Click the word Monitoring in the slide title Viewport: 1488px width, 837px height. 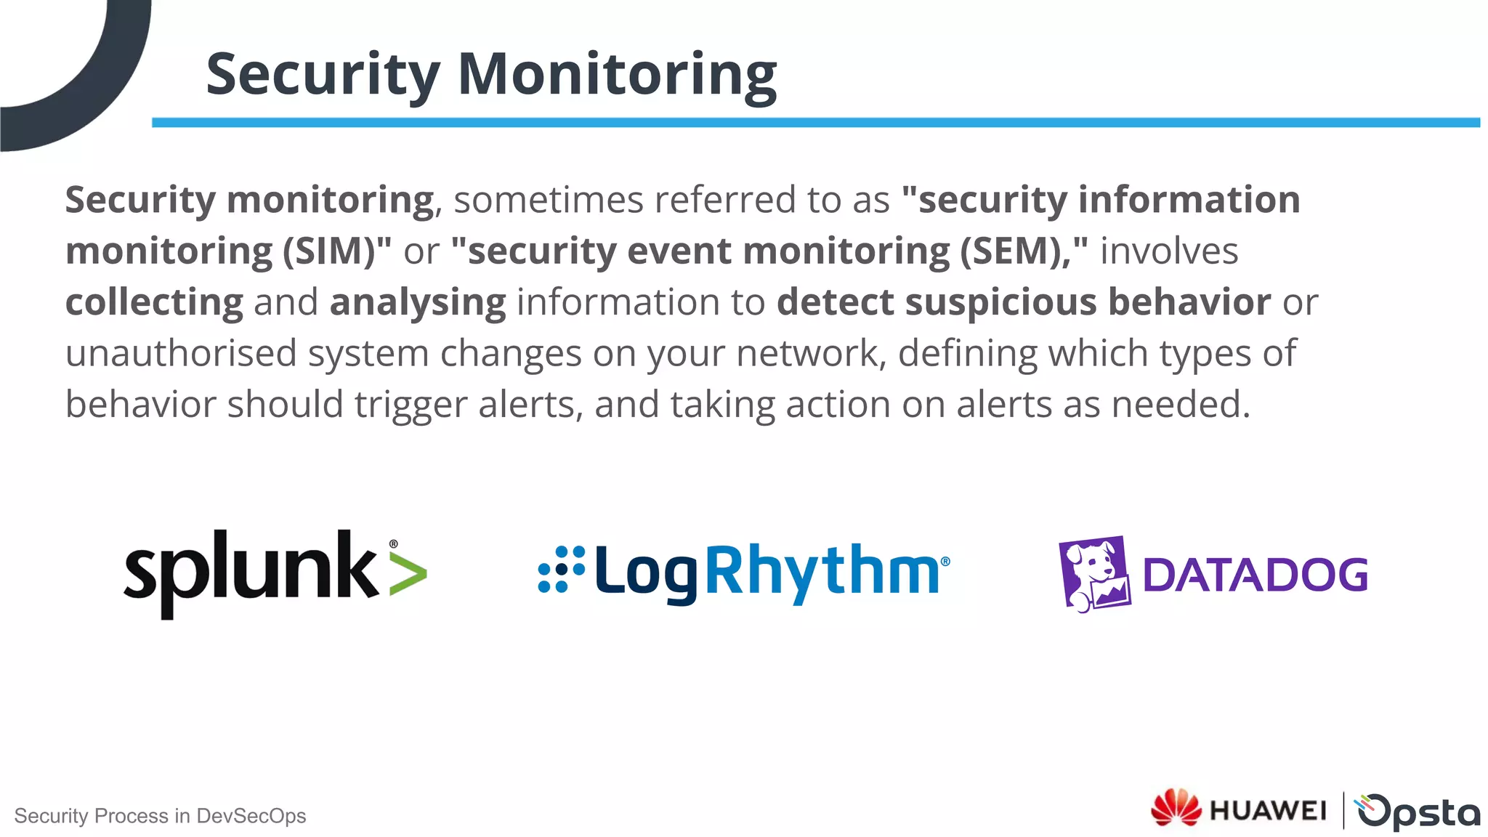click(617, 74)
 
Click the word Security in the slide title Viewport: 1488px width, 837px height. click(323, 74)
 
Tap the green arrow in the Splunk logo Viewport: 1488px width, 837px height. click(408, 573)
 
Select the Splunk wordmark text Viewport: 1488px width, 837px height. click(251, 571)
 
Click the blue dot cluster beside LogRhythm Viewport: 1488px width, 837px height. click(561, 569)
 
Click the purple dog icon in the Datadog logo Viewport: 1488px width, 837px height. click(1094, 574)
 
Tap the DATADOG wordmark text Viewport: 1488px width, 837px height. click(1255, 575)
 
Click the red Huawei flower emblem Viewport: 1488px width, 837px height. click(1176, 807)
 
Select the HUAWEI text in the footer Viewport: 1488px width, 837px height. click(1268, 810)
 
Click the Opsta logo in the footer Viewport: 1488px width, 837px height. click(1417, 811)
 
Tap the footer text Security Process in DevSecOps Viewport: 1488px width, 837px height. click(160, 816)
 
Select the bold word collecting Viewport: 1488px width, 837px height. click(154, 302)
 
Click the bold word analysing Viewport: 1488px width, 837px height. click(418, 302)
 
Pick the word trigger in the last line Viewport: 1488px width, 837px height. click(411, 405)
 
